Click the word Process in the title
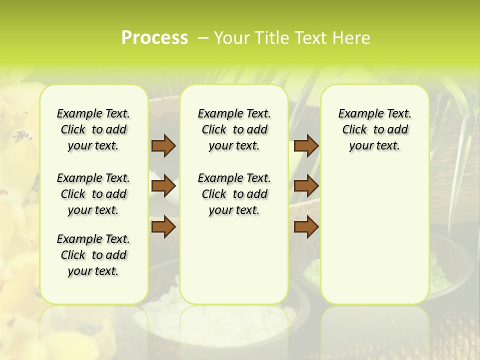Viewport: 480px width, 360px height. (x=154, y=38)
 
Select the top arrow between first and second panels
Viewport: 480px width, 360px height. (x=163, y=145)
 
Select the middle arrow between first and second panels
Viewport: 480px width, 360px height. (x=163, y=186)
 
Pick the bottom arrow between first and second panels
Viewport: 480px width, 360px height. (x=163, y=226)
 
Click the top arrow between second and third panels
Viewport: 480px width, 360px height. (x=306, y=145)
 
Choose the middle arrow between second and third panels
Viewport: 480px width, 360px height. (x=306, y=186)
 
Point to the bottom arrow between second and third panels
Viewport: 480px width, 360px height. (x=306, y=226)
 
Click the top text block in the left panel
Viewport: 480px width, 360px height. (x=93, y=129)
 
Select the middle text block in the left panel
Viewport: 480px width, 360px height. (x=93, y=194)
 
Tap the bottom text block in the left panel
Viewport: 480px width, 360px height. (x=93, y=255)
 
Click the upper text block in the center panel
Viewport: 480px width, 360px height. (x=234, y=129)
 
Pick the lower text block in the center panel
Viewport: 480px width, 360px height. (x=234, y=194)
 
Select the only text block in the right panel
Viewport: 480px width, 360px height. (x=374, y=129)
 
